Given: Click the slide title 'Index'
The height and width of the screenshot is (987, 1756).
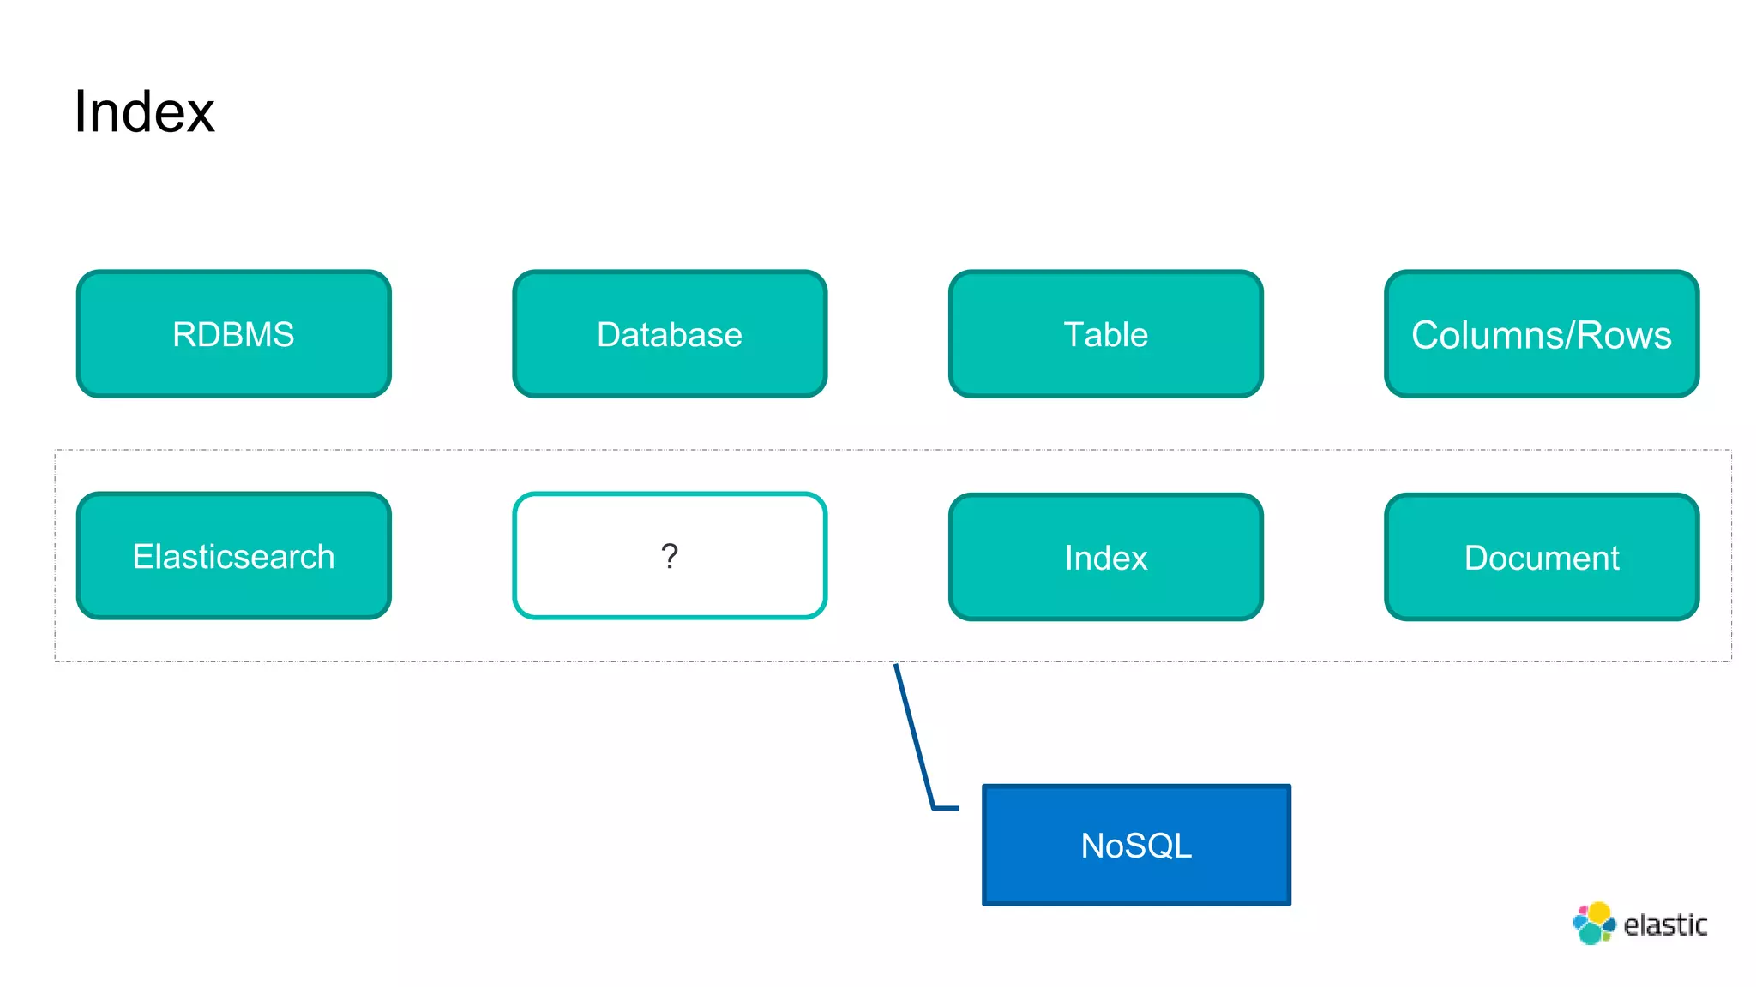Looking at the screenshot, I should coord(143,111).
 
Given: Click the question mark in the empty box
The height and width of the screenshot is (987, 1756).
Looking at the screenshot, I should coord(670,557).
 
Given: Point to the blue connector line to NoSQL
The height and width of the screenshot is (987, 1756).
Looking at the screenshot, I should coord(914,737).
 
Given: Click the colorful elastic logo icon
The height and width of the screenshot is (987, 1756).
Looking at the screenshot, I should coord(1593,924).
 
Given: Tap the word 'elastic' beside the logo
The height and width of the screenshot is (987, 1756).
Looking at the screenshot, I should coord(1665,925).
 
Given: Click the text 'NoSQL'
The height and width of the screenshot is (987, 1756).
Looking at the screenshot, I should coord(1136,846).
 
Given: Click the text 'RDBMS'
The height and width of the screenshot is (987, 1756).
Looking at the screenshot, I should coord(233,334).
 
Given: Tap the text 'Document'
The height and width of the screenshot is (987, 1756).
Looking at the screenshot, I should coord(1541,558).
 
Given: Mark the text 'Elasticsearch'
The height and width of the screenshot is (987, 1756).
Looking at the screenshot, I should coord(233,557).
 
